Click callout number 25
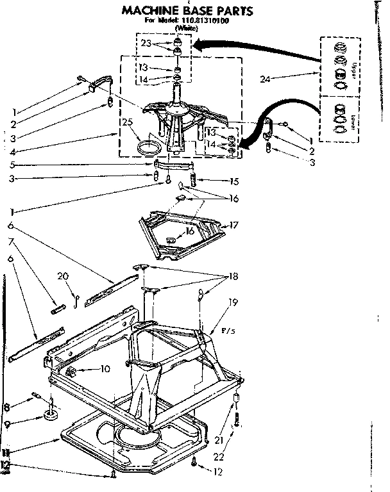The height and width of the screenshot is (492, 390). click(x=127, y=122)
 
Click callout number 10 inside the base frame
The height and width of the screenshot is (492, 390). click(x=105, y=368)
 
